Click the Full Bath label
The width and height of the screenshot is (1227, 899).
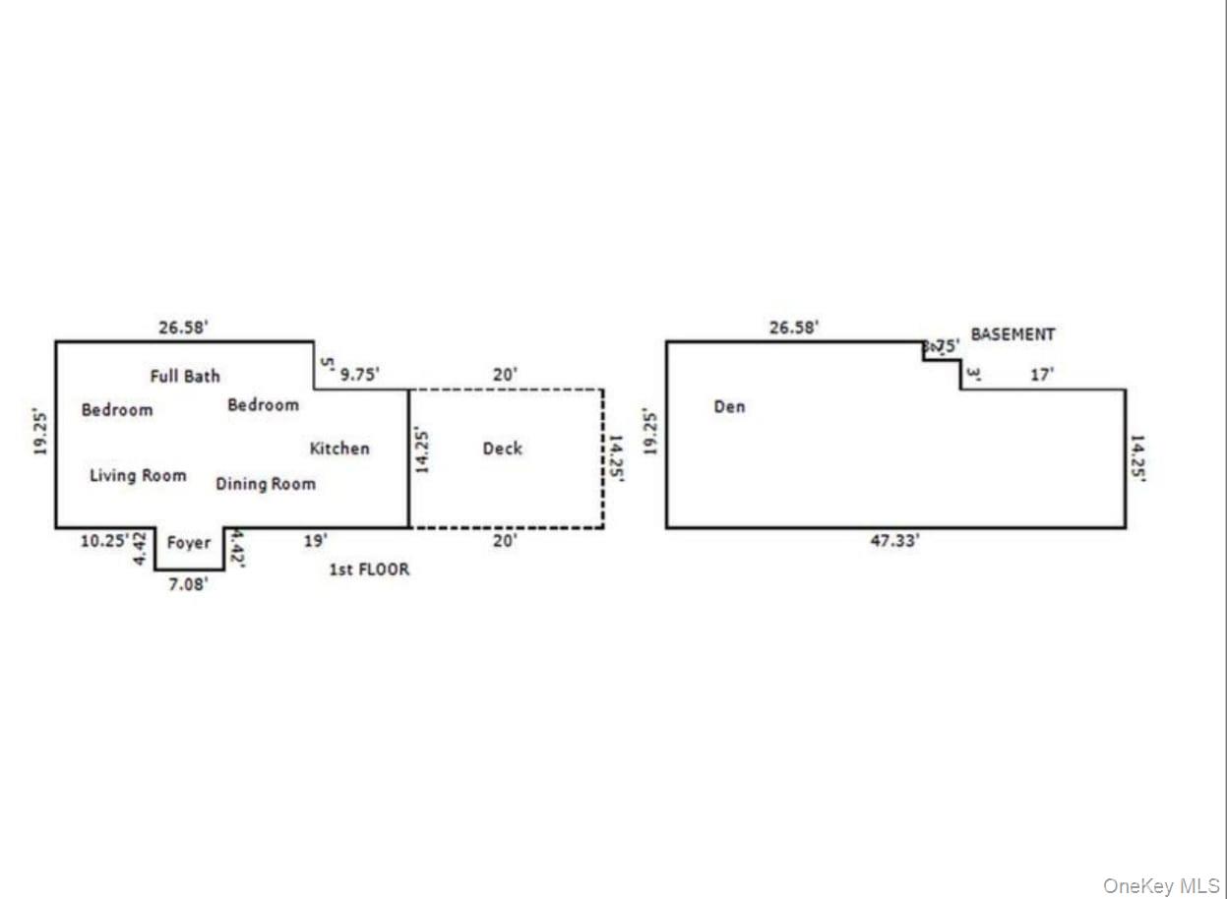tap(185, 376)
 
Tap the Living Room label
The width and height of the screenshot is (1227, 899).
tap(138, 476)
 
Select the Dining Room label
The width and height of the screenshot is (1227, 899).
tap(266, 484)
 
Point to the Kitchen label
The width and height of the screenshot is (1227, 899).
tap(339, 449)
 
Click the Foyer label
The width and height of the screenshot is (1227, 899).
tap(188, 542)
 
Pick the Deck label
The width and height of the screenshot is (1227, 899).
tap(503, 449)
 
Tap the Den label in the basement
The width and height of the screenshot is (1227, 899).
tap(729, 406)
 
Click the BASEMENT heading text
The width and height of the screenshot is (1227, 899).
tap(1012, 334)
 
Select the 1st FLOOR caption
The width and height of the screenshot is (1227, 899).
tap(369, 569)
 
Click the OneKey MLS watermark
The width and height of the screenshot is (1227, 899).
tap(1161, 886)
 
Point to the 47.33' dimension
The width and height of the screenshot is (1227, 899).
tap(894, 541)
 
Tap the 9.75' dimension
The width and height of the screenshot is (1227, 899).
tap(359, 374)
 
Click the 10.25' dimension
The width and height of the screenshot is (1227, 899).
tap(103, 540)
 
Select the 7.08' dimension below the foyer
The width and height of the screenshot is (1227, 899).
tap(188, 583)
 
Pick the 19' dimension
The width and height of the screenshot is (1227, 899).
tap(315, 540)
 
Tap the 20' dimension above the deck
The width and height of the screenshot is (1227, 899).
tap(506, 374)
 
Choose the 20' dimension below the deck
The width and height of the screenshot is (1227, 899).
tap(506, 540)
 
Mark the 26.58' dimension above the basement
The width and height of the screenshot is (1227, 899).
tap(793, 328)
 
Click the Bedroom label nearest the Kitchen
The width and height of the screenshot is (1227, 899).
tap(263, 405)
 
